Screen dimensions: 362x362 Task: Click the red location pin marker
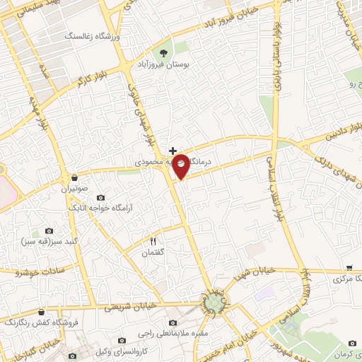click(181, 165)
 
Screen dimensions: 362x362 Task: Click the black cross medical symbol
click(173, 151)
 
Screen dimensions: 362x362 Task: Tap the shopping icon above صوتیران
click(75, 177)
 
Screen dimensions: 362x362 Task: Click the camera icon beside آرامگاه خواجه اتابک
click(100, 197)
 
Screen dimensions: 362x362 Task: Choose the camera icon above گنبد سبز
click(49, 230)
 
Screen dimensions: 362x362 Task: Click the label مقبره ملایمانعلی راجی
click(160, 329)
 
